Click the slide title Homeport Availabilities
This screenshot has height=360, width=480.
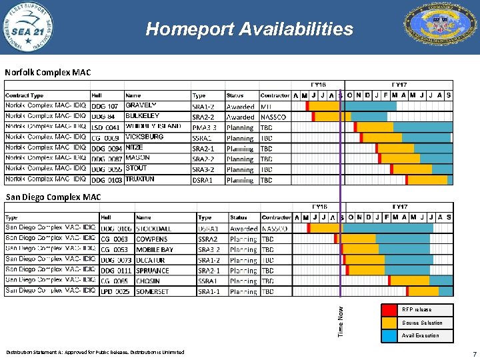click(x=249, y=29)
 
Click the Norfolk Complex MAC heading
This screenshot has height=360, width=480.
click(x=48, y=72)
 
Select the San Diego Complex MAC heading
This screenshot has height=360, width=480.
click(x=53, y=197)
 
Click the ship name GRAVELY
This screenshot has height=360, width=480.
click(x=141, y=105)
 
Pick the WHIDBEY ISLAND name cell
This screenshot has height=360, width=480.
click(x=153, y=127)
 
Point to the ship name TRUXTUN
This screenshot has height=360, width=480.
click(x=140, y=179)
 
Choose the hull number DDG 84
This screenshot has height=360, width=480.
click(x=103, y=117)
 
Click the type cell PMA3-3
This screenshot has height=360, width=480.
click(x=204, y=127)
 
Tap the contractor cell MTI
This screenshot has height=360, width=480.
click(x=267, y=106)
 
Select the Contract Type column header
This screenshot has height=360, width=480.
click(x=25, y=95)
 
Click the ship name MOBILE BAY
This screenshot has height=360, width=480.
click(x=154, y=249)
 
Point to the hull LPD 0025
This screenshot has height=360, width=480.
click(x=115, y=291)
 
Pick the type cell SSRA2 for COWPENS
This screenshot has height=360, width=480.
click(x=207, y=239)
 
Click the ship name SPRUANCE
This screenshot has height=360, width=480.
click(x=152, y=271)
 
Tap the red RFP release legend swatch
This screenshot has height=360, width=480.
click(x=389, y=310)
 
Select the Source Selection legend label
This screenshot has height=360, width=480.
click(x=421, y=323)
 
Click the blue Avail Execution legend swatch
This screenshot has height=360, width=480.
click(x=389, y=335)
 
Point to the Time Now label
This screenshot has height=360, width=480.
click(x=341, y=321)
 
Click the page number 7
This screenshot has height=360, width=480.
click(x=474, y=353)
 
